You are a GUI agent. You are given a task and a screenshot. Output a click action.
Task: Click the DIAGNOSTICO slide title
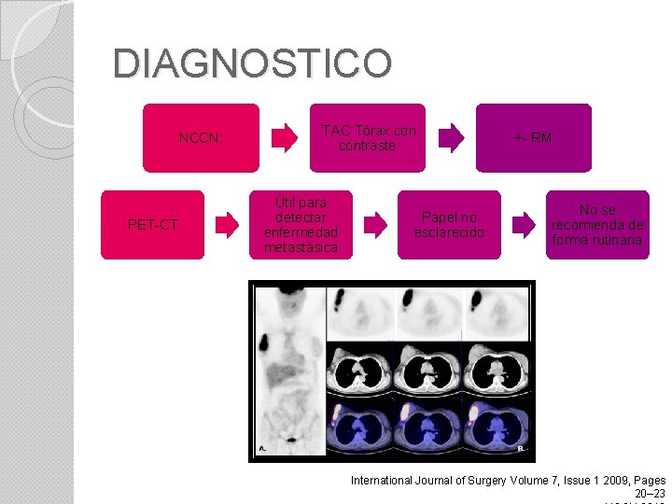click(x=252, y=63)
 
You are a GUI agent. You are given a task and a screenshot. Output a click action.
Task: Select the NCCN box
click(x=201, y=138)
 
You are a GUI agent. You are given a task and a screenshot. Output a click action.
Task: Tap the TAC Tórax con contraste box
click(x=368, y=138)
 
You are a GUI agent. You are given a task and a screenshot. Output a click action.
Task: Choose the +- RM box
click(x=533, y=138)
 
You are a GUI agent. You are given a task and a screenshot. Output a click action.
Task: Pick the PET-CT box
click(x=152, y=225)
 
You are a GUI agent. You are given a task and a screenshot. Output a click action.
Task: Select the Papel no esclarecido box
click(x=449, y=225)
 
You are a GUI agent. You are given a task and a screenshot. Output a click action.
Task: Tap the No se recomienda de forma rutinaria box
click(x=597, y=225)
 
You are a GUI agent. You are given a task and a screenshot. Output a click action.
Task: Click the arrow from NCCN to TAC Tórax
click(x=284, y=138)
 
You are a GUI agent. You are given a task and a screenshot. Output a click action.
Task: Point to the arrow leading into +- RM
click(x=451, y=138)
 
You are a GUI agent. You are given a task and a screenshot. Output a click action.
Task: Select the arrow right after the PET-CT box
click(x=226, y=225)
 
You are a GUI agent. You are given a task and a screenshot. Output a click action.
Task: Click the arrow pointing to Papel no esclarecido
click(x=374, y=225)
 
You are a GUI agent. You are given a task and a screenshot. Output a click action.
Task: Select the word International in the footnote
click(x=385, y=480)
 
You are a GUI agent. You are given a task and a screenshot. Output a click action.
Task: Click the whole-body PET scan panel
click(x=288, y=371)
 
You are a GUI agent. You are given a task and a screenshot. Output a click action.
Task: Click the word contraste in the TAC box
click(x=368, y=147)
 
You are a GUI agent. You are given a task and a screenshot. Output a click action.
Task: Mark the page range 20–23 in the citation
click(x=650, y=493)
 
